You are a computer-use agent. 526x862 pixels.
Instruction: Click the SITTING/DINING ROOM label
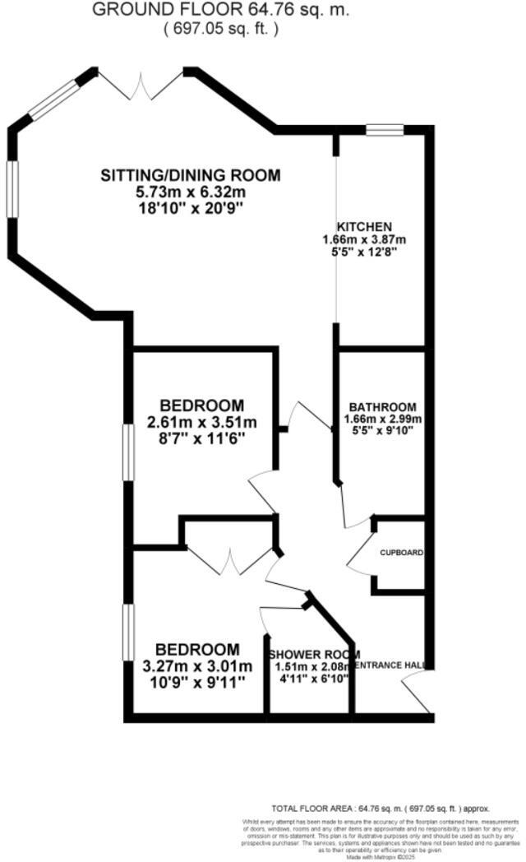(190, 175)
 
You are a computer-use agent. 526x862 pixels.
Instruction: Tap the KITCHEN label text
(364, 227)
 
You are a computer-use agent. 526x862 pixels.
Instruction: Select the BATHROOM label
(382, 407)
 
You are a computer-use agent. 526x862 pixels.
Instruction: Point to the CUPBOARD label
(401, 554)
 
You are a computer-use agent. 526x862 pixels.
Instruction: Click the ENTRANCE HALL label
(390, 665)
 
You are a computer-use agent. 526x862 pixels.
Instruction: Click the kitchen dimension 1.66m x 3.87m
(364, 240)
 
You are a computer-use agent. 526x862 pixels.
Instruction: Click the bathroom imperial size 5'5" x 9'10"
(382, 429)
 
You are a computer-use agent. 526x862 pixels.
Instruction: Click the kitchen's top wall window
(385, 129)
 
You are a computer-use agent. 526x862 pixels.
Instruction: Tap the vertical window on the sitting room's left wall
(12, 188)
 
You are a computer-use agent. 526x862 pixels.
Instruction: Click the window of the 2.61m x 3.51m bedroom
(127, 451)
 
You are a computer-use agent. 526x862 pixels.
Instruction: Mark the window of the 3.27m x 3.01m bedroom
(127, 632)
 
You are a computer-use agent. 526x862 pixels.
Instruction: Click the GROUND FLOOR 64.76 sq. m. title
(219, 11)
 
